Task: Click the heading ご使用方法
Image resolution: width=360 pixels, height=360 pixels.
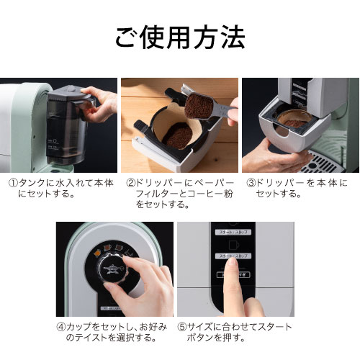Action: [x=180, y=35]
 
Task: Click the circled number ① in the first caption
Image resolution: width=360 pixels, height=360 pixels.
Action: [x=13, y=183]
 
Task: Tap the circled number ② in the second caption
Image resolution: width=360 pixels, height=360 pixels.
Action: [x=131, y=183]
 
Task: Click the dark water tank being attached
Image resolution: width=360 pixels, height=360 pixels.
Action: [x=61, y=122]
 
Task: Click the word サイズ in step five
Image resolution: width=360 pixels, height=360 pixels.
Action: [x=199, y=326]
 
